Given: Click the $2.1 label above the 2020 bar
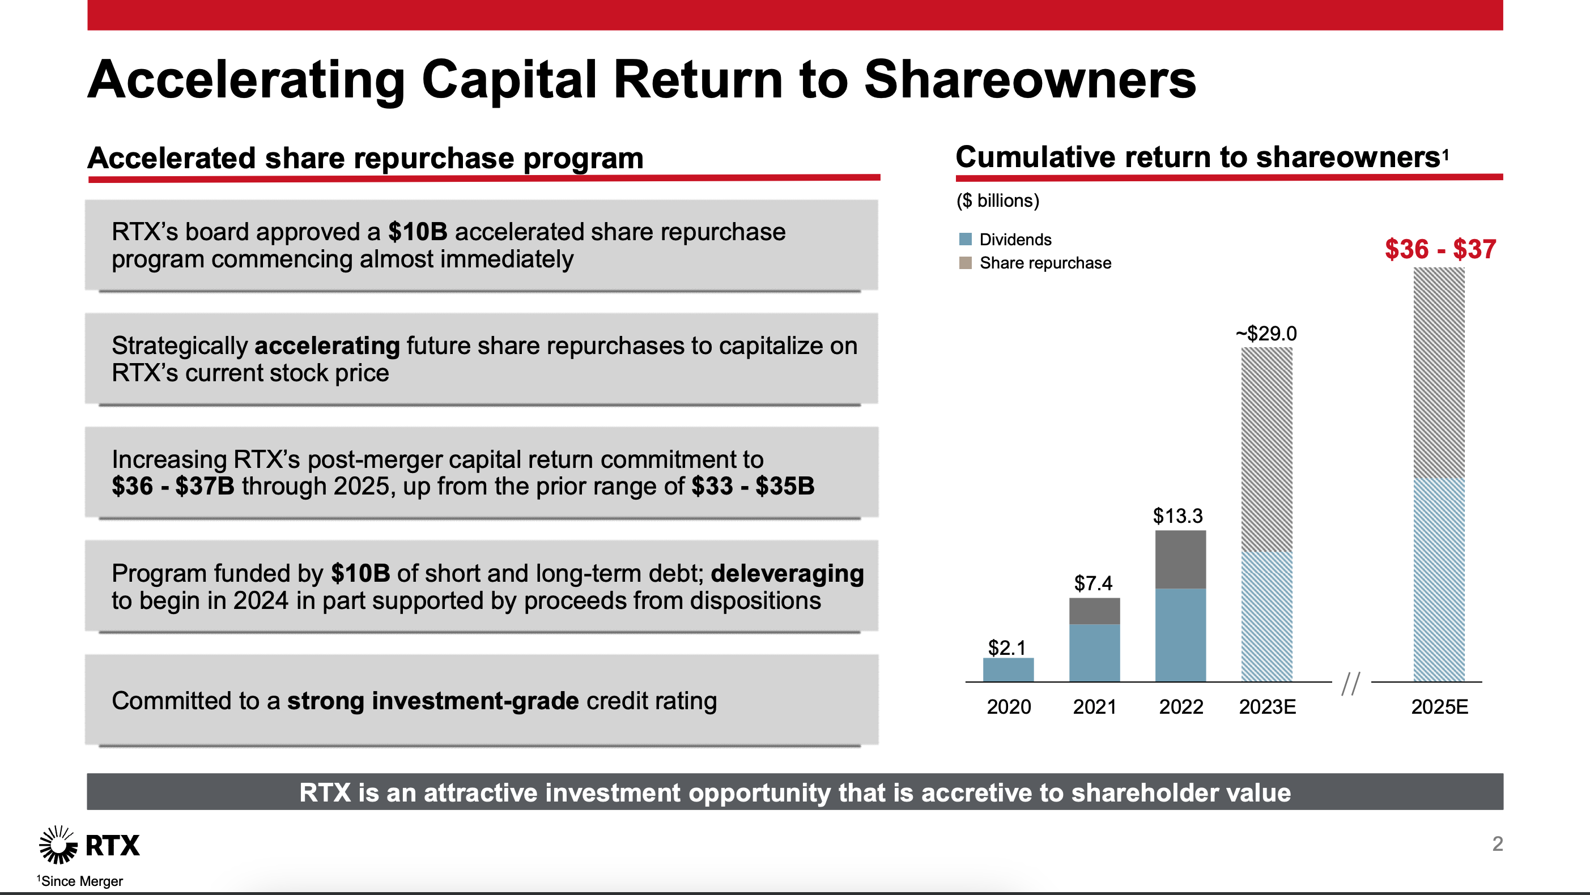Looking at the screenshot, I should pyautogui.click(x=1007, y=647).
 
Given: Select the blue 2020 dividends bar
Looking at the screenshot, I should pyautogui.click(x=1008, y=670).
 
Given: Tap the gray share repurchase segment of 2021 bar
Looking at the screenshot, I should pyautogui.click(x=1094, y=611).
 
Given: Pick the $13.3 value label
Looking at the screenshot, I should pyautogui.click(x=1177, y=515).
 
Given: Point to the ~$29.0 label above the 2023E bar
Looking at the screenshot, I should pyautogui.click(x=1266, y=333).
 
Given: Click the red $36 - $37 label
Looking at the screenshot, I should pyautogui.click(x=1439, y=249).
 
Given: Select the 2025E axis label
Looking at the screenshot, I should pyautogui.click(x=1439, y=706).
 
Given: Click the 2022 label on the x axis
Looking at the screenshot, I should pyautogui.click(x=1180, y=706).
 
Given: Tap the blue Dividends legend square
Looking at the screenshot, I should pyautogui.click(x=966, y=239).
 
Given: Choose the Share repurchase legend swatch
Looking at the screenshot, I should pyautogui.click(x=966, y=263).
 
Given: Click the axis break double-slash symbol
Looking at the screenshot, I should pyautogui.click(x=1350, y=684).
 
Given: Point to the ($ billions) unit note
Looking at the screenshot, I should pyautogui.click(x=997, y=201).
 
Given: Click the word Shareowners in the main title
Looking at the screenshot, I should pyautogui.click(x=1030, y=80).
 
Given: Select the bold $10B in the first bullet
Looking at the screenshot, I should pyautogui.click(x=417, y=232).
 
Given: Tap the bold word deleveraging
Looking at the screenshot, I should pyautogui.click(x=787, y=573).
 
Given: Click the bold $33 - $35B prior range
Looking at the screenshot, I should pyautogui.click(x=753, y=487).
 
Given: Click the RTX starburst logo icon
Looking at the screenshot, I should pyautogui.click(x=58, y=845).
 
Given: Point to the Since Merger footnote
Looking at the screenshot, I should pyautogui.click(x=80, y=881).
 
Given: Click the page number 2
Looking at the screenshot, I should pyautogui.click(x=1497, y=844).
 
